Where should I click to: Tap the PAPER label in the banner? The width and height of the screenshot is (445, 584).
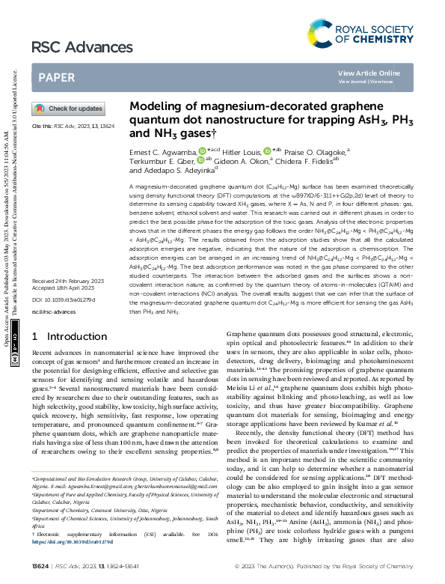click(56, 77)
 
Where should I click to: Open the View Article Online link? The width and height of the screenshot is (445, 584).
click(369, 73)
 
